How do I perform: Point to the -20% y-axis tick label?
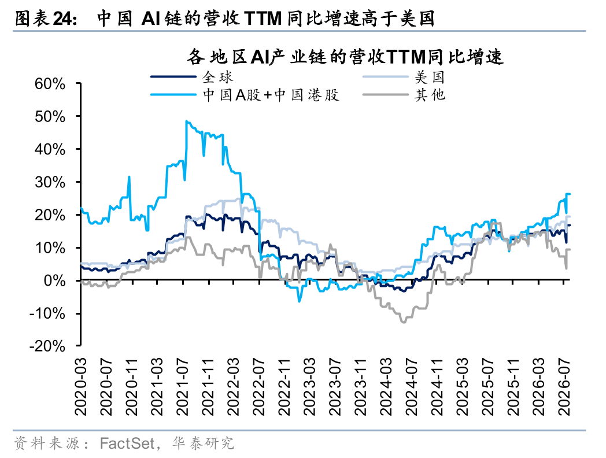coord(47,346)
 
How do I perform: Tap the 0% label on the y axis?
coord(54,280)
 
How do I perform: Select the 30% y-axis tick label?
coord(50,182)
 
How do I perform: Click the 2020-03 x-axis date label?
coord(81,387)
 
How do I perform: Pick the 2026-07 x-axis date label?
coord(564,387)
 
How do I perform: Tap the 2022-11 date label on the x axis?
coord(284,387)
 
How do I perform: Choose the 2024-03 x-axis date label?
coord(386,387)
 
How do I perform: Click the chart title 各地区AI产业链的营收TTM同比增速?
coord(345,57)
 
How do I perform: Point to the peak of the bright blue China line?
coord(187,121)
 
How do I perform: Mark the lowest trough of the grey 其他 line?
coord(404,322)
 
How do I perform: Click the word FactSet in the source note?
coord(127,444)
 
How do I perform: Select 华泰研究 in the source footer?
coord(204,444)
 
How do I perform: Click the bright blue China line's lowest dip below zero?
coord(299,301)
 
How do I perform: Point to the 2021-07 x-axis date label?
coord(182,387)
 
